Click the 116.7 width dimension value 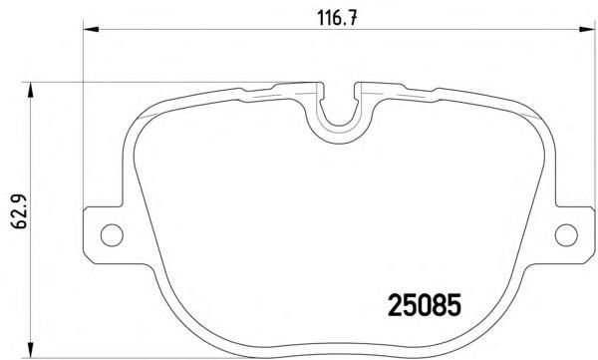338,18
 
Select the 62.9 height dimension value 19,210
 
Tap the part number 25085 425,305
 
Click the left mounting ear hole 112,235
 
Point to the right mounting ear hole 566,235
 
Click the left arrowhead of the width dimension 91,29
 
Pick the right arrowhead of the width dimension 587,29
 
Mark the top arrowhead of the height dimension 30,90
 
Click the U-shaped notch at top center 339,124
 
